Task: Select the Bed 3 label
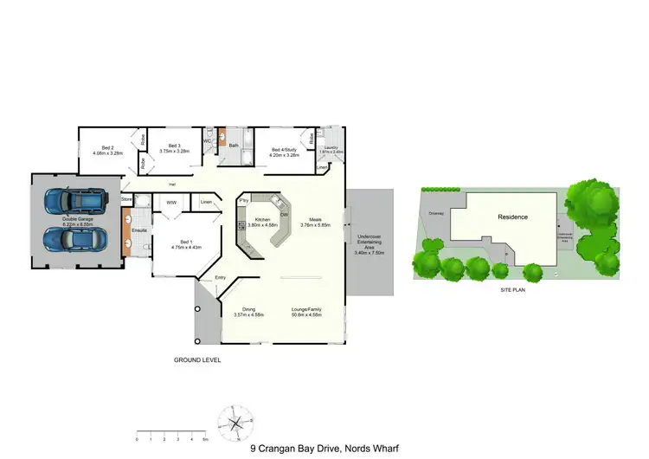tap(173, 145)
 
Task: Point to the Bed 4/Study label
tap(284, 149)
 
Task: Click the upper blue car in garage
tap(76, 201)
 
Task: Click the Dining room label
tap(248, 308)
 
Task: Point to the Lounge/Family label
tap(311, 308)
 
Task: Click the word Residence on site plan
tap(513, 217)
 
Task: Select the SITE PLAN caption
tap(514, 289)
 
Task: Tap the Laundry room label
tap(331, 147)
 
